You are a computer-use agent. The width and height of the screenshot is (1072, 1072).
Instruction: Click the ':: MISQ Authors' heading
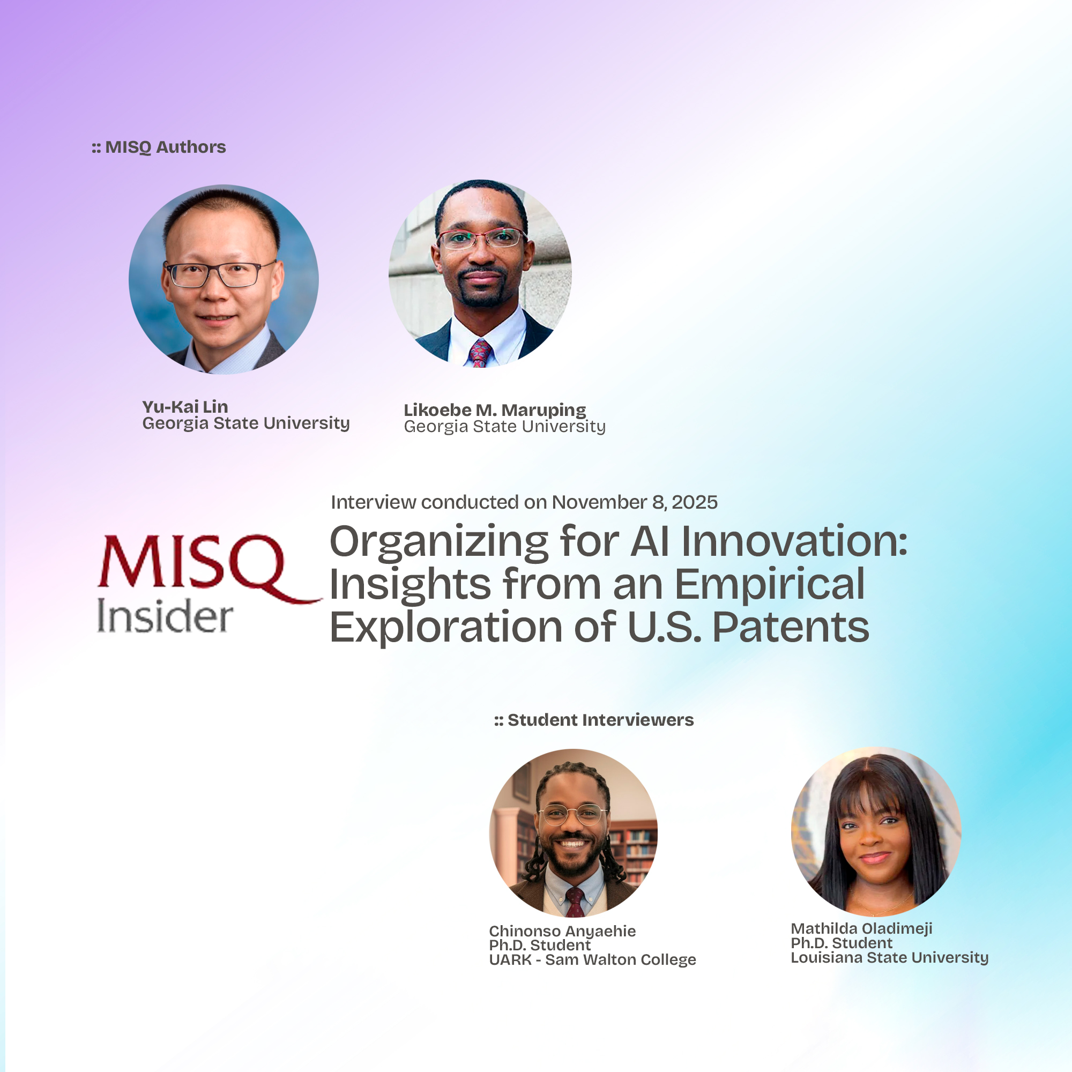[159, 147]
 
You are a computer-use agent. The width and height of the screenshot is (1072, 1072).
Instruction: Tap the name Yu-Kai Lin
[185, 407]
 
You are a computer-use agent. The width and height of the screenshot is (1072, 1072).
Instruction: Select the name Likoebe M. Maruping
[494, 410]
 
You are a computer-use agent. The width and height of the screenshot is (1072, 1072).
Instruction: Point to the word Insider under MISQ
[165, 616]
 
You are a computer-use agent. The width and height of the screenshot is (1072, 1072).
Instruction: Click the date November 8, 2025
[634, 502]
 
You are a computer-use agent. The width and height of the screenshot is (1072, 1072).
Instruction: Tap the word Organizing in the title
[438, 541]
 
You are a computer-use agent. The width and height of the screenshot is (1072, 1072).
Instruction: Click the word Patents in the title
[790, 627]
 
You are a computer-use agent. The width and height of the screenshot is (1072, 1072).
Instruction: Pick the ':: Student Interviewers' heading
[594, 720]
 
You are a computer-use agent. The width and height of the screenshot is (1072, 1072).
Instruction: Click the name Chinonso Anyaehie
[562, 931]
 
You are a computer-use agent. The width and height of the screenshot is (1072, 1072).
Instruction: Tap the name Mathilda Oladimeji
[861, 928]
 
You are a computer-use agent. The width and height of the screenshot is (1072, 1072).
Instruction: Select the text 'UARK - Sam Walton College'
[592, 960]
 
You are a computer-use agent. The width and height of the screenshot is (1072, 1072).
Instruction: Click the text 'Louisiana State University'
[889, 958]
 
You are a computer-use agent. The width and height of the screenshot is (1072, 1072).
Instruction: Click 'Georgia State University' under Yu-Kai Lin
[246, 423]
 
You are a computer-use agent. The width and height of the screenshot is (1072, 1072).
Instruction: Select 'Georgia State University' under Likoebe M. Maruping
[504, 427]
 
